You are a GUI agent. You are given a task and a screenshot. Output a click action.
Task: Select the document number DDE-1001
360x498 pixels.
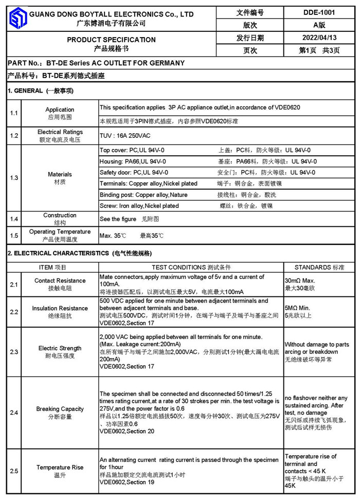click(319, 12)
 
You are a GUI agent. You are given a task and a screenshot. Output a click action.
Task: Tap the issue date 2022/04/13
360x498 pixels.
click(319, 38)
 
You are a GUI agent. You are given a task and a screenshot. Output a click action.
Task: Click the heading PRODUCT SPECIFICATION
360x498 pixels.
click(111, 40)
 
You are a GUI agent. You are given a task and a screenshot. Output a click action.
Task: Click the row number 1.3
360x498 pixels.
click(14, 177)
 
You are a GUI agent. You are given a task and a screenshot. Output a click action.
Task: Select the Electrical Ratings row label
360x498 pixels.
click(60, 132)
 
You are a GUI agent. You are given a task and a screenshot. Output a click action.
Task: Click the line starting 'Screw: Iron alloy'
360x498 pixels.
click(139, 206)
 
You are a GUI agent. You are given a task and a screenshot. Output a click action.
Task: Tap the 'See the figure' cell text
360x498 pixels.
click(118, 219)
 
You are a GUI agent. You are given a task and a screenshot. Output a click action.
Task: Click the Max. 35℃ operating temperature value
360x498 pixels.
click(113, 236)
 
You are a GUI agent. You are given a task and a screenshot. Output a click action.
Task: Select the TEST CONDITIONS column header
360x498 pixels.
click(191, 268)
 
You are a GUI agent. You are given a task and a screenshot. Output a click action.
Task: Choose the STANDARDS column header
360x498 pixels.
click(319, 268)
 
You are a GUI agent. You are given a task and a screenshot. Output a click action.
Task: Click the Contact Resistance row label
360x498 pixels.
click(60, 280)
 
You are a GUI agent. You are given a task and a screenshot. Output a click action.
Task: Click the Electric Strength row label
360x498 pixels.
click(60, 348)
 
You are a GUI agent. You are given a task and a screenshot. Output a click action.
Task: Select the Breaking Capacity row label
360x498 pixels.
click(60, 409)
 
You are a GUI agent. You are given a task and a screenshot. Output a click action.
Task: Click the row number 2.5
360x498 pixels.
click(14, 471)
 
